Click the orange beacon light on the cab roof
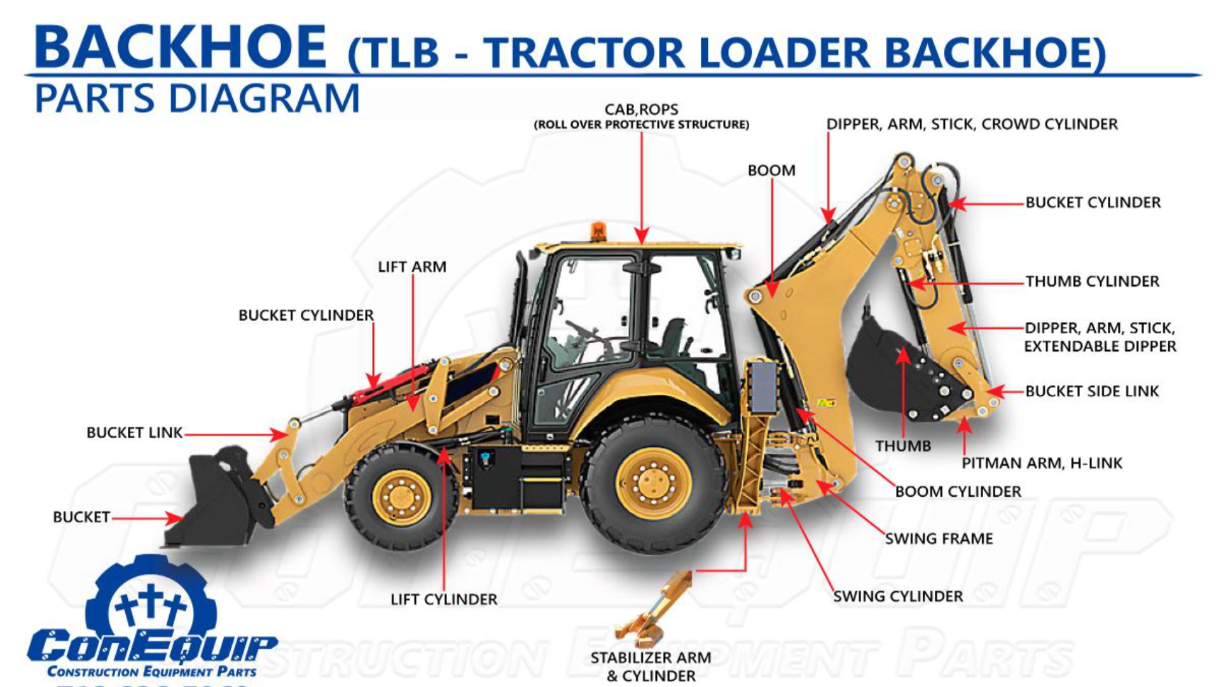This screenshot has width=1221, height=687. point(598,231)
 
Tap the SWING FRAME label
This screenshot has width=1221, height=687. point(939,539)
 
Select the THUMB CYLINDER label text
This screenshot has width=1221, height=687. point(1092,281)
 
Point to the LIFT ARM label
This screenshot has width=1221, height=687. point(412,267)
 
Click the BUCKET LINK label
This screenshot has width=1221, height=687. point(134,433)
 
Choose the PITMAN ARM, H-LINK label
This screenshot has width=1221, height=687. point(1042,463)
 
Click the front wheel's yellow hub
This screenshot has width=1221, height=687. point(401,497)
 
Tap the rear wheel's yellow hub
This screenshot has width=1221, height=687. point(653,483)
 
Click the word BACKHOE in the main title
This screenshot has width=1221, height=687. point(181,48)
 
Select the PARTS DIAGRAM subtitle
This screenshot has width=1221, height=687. point(197,99)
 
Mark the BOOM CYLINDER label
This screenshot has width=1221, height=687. point(958,492)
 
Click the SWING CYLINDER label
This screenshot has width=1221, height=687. point(898,597)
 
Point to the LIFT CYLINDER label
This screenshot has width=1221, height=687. point(444,599)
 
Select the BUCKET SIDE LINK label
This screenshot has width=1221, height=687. point(1092,391)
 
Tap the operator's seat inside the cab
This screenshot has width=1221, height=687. point(674,337)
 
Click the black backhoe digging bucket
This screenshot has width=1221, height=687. point(890,369)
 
